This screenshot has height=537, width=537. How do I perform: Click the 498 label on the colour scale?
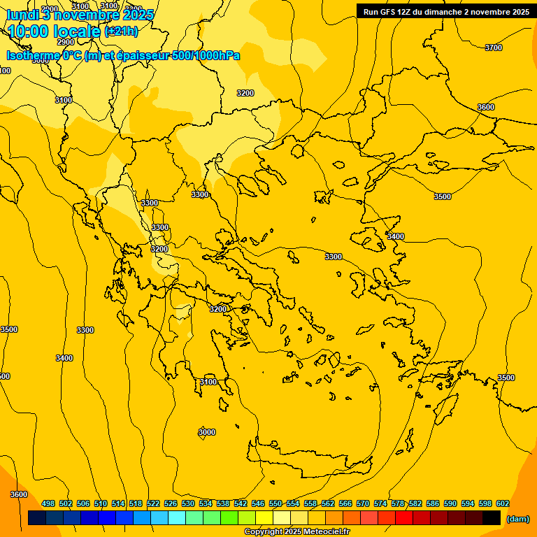[48, 503]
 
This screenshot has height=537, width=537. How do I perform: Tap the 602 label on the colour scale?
[503, 503]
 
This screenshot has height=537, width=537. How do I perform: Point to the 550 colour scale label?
[275, 503]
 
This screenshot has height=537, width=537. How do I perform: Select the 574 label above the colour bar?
[380, 503]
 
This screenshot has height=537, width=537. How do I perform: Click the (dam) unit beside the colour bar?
[517, 519]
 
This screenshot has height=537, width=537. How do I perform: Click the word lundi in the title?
[22, 15]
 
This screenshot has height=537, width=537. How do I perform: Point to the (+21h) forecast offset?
[121, 31]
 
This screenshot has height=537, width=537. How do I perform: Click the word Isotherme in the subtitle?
[33, 55]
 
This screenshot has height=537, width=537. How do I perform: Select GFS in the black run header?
[389, 11]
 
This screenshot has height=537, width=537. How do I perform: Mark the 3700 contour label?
[493, 48]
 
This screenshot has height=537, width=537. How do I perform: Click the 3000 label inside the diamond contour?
[206, 433]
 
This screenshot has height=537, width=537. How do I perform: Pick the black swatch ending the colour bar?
[492, 518]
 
